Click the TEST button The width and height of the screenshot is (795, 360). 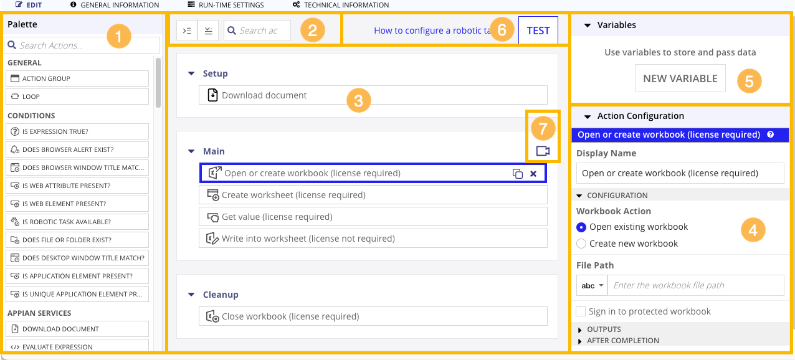(x=538, y=31)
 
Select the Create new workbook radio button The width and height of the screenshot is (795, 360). (x=581, y=244)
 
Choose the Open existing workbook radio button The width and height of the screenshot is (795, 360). (x=581, y=227)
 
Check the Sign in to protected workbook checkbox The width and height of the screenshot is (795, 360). (x=581, y=311)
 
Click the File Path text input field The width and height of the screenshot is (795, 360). (x=695, y=285)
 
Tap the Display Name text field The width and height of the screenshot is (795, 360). (x=680, y=173)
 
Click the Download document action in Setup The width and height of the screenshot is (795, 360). (x=373, y=95)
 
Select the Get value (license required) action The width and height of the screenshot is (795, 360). (x=373, y=217)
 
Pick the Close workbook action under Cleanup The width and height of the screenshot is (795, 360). (x=373, y=316)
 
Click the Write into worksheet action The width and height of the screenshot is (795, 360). (x=373, y=239)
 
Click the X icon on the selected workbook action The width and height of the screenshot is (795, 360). (x=533, y=174)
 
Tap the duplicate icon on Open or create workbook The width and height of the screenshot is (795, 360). (x=517, y=174)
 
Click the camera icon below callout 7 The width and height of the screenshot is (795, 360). (x=543, y=151)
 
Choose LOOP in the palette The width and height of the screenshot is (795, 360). (x=78, y=97)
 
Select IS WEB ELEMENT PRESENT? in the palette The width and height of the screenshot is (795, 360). (x=78, y=204)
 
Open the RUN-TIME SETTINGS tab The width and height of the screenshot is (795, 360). (x=226, y=5)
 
